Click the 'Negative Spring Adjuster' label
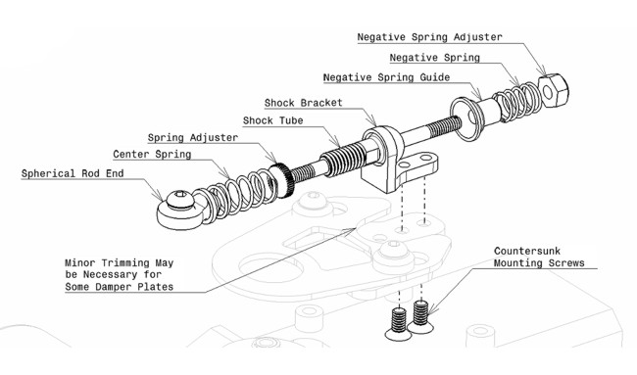pos(430,37)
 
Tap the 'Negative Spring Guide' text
pos(386,77)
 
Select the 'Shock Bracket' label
pos(304,103)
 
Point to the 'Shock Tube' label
pos(273,120)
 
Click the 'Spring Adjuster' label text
pos(193,138)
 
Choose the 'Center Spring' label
pos(152,155)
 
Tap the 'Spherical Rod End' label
pos(73,173)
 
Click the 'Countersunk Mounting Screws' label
pos(539,257)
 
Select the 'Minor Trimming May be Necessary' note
pos(120,275)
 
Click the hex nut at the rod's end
pos(554,90)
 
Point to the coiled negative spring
pos(516,102)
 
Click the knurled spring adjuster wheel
pos(282,179)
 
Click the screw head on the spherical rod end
pos(180,199)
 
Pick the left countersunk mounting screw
pos(398,324)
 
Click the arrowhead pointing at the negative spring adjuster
pos(542,70)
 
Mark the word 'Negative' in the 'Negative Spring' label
pos(414,58)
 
